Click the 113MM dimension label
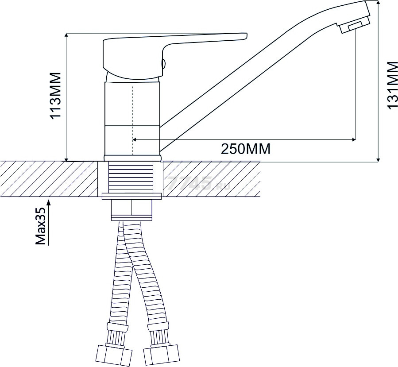tap(56, 95)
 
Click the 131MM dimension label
tap(392, 85)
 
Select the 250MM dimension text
tap(245, 149)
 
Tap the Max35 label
tap(41, 226)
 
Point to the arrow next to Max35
tap(49, 223)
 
